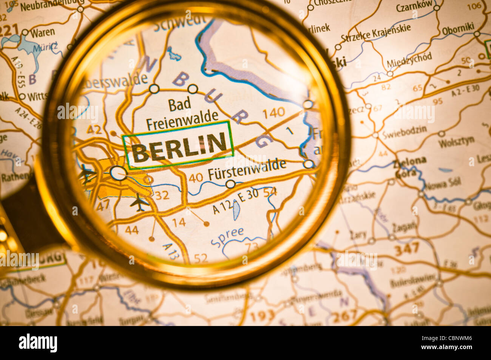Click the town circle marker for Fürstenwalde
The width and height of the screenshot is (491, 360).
230,184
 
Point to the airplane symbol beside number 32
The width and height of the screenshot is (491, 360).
139,202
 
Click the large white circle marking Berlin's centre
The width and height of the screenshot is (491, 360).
119,173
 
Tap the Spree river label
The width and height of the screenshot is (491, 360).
227,236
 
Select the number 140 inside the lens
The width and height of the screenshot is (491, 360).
273,113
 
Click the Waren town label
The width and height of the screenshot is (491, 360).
42,32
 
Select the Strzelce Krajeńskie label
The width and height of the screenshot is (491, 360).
376,34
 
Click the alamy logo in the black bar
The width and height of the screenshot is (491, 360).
38,343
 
